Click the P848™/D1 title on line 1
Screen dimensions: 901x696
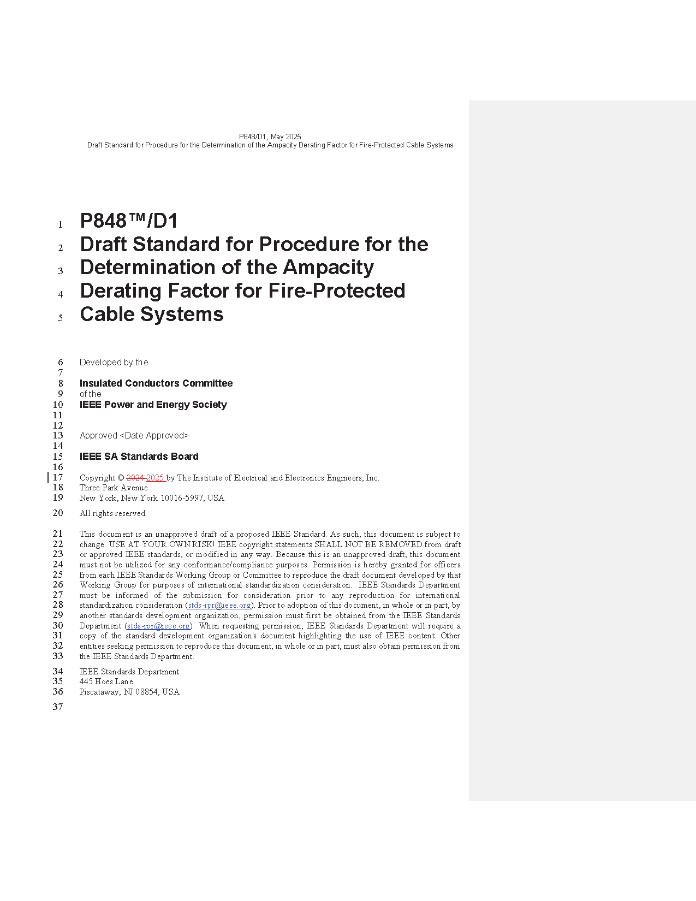click(x=129, y=221)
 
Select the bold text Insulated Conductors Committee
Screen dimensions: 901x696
click(x=156, y=383)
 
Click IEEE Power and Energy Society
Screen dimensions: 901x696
click(x=153, y=405)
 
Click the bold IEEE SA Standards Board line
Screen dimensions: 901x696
click(x=139, y=457)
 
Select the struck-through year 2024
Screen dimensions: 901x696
click(x=135, y=478)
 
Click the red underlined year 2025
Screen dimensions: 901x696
click(x=155, y=478)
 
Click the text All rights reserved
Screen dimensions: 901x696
click(x=113, y=513)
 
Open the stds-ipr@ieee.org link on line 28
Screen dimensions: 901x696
click(x=219, y=605)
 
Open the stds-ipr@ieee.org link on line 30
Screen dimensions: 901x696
click(x=158, y=626)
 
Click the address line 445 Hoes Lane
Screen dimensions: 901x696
click(x=106, y=681)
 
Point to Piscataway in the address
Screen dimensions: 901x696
click(x=99, y=692)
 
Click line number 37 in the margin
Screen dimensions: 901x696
click(x=58, y=707)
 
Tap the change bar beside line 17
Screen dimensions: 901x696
click(x=49, y=477)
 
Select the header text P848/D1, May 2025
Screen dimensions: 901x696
click(x=270, y=137)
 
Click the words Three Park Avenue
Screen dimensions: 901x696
click(x=114, y=488)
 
